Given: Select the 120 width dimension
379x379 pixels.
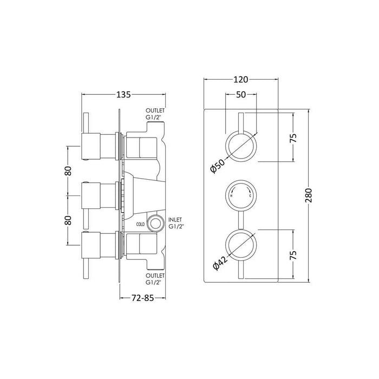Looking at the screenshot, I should tap(240, 80).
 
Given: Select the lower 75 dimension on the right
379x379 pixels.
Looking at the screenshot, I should tap(293, 255).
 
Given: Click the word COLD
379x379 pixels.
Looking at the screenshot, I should tap(139, 223).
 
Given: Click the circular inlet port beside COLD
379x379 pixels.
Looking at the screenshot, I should tap(157, 222).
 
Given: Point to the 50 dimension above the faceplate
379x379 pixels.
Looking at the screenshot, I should tap(240, 95).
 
